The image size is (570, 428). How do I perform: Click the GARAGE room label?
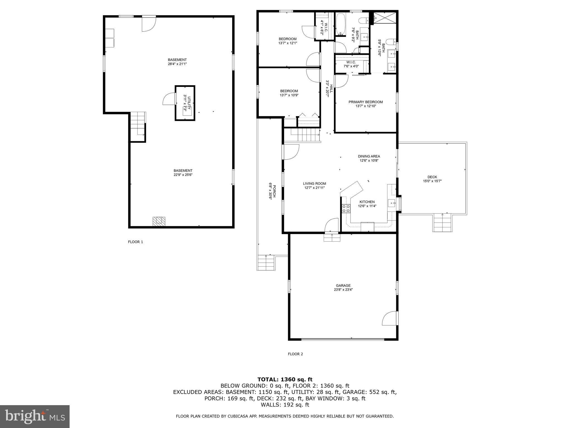coord(343,285)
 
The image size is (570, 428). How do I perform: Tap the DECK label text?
coord(432,177)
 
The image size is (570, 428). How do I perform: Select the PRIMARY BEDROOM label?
coord(365,102)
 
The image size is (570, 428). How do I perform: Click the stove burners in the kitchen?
coord(346,208)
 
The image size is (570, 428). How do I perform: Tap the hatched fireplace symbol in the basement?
coord(159,221)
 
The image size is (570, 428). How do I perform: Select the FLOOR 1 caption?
coord(135,242)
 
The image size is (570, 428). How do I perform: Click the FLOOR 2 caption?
coord(295,354)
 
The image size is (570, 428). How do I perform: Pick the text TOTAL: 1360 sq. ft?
coord(285,379)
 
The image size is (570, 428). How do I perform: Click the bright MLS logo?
coord(35,416)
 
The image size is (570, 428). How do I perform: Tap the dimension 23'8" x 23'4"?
coord(343,290)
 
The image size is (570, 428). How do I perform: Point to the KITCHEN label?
coord(367,202)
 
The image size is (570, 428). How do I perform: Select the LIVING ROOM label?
coord(314,184)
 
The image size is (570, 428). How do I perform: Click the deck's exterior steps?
coord(443,223)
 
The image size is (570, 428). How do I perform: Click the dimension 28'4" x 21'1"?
coord(177,64)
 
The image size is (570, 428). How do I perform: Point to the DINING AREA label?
coord(369,156)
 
